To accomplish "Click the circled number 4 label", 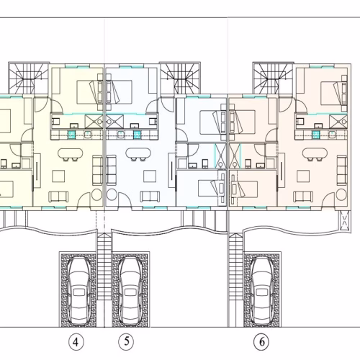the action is tap(76, 342).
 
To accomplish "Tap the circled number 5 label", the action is tap(127, 341).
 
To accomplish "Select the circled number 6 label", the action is tap(262, 341).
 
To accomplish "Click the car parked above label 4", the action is tap(79, 291).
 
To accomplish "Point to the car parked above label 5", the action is tap(131, 291).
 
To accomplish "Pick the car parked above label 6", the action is tap(262, 291).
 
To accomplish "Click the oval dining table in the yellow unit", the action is tap(71, 153).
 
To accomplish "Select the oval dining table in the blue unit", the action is tap(138, 153).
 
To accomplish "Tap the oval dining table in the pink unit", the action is tap(315, 153).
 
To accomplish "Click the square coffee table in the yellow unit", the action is tap(58, 176).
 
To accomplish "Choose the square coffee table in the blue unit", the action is tap(150, 176).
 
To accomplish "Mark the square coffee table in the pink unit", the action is tap(303, 176).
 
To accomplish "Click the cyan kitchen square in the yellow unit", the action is tap(72, 135).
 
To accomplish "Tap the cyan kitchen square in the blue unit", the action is tap(137, 135).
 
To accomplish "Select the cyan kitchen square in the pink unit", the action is tap(316, 135).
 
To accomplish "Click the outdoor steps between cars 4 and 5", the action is tap(104, 266).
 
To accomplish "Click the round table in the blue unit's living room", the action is tap(112, 194).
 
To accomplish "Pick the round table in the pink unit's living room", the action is tap(341, 194).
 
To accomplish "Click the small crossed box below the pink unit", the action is tap(344, 221).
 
